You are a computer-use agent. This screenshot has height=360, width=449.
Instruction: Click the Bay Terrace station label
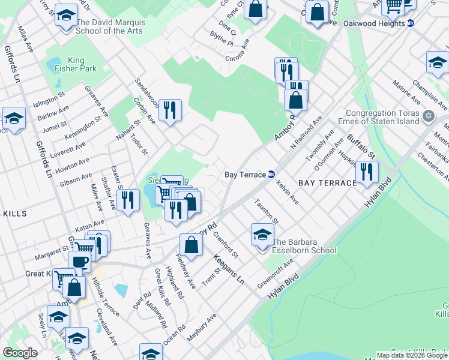[x=245, y=175]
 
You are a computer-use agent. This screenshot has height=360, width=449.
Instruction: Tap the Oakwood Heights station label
[x=374, y=23]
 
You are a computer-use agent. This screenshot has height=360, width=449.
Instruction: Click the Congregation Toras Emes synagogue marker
[x=429, y=115]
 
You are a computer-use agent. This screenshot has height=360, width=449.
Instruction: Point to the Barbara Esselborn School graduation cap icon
[x=262, y=235]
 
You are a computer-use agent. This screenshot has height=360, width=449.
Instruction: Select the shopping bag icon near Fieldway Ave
[x=191, y=245]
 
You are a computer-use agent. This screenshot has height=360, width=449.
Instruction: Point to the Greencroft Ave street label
[x=275, y=272]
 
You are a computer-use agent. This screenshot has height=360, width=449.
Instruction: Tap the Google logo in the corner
[x=19, y=353]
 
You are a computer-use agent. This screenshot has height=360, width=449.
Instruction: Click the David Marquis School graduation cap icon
[x=65, y=16]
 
